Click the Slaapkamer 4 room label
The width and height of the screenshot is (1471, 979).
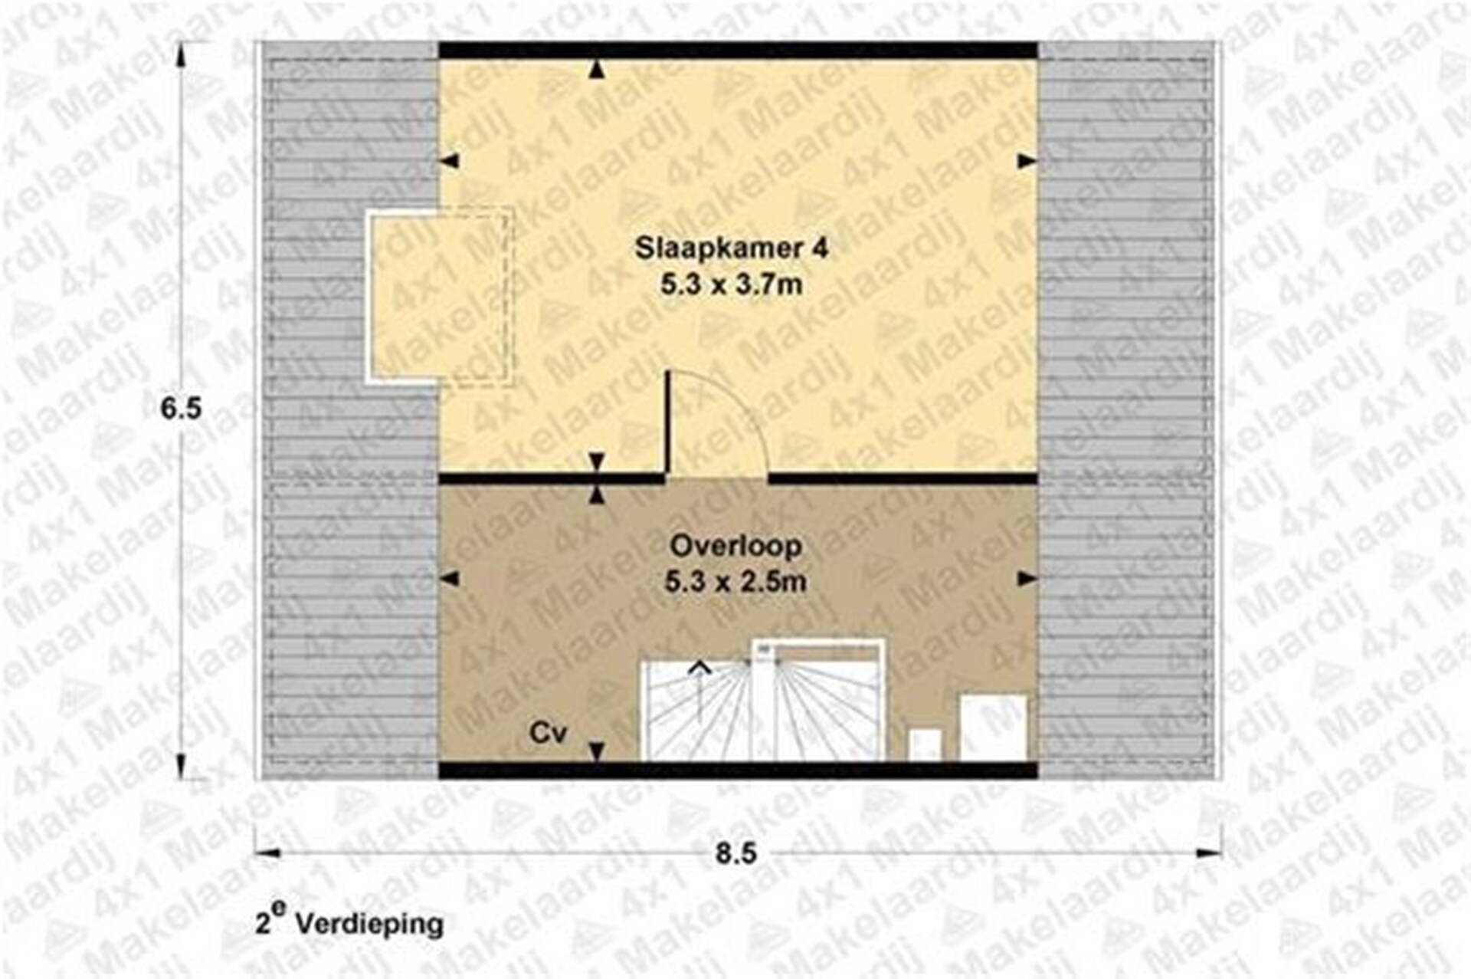[732, 248]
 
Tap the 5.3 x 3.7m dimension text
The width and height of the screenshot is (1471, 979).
[732, 285]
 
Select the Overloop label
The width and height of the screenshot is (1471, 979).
[736, 547]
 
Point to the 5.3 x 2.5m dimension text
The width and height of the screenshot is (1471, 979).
[735, 582]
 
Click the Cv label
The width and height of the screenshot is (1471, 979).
[548, 734]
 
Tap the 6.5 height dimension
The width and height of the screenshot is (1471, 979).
[181, 409]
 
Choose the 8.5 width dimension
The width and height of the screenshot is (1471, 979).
[736, 853]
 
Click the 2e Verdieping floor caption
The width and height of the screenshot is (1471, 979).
[349, 922]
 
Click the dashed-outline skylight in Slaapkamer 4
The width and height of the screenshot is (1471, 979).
[440, 297]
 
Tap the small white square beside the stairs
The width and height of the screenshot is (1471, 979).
[926, 744]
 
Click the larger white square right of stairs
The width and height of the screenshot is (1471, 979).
[994, 728]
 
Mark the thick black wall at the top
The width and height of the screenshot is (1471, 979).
[738, 51]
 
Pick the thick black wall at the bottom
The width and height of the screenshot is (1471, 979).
[738, 770]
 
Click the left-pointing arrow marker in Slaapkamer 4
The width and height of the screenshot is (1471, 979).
[449, 161]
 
